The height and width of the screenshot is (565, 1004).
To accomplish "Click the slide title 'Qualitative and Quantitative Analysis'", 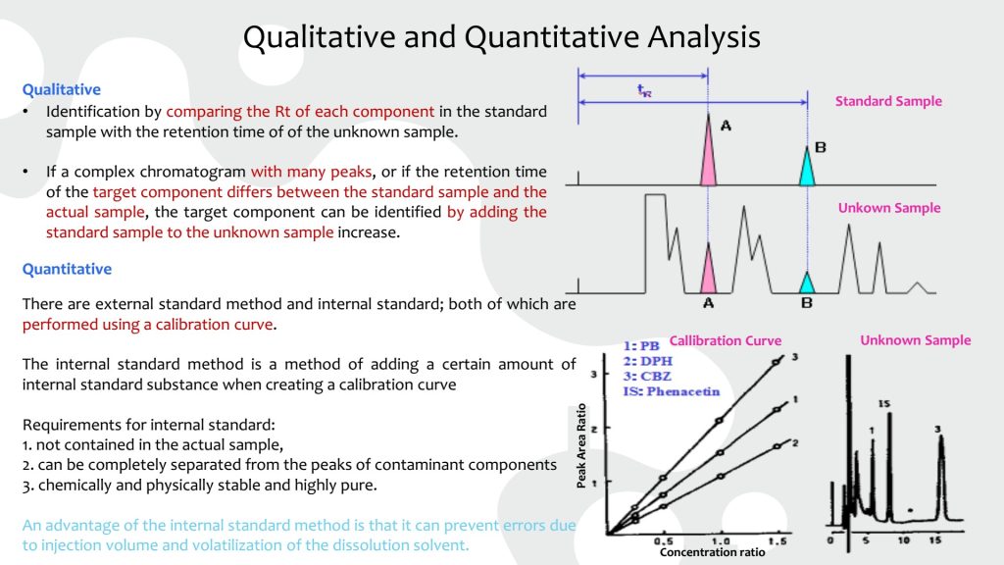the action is (x=501, y=36).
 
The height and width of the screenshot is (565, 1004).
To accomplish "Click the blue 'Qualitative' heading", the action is (x=62, y=89).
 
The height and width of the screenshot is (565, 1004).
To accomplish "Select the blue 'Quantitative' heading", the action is (x=67, y=269).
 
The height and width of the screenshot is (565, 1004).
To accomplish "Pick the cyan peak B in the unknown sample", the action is (x=808, y=283).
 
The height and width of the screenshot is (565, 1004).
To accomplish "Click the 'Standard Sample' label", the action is (x=888, y=101).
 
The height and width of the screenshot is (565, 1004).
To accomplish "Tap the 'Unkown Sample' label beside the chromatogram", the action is (x=889, y=208).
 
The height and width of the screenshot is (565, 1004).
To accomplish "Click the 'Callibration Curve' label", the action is (x=726, y=340).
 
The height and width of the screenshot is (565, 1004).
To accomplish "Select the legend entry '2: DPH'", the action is (x=647, y=361).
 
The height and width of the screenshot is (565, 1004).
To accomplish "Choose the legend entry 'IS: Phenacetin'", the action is (x=671, y=391).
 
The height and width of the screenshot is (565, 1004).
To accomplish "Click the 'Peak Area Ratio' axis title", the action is (x=581, y=446).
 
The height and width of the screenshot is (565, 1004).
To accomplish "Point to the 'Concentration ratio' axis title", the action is (x=712, y=552).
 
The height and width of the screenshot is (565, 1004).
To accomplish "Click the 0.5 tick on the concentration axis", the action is (x=664, y=541).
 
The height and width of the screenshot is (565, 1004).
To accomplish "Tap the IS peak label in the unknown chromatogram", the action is (x=883, y=403).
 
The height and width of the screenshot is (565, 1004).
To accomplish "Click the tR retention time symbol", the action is (x=644, y=90).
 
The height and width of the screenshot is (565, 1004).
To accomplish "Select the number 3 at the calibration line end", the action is (x=794, y=357).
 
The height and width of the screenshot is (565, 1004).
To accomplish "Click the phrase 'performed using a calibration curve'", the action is (x=148, y=325).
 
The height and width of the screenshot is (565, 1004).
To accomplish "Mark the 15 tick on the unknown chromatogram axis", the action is (x=935, y=540).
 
